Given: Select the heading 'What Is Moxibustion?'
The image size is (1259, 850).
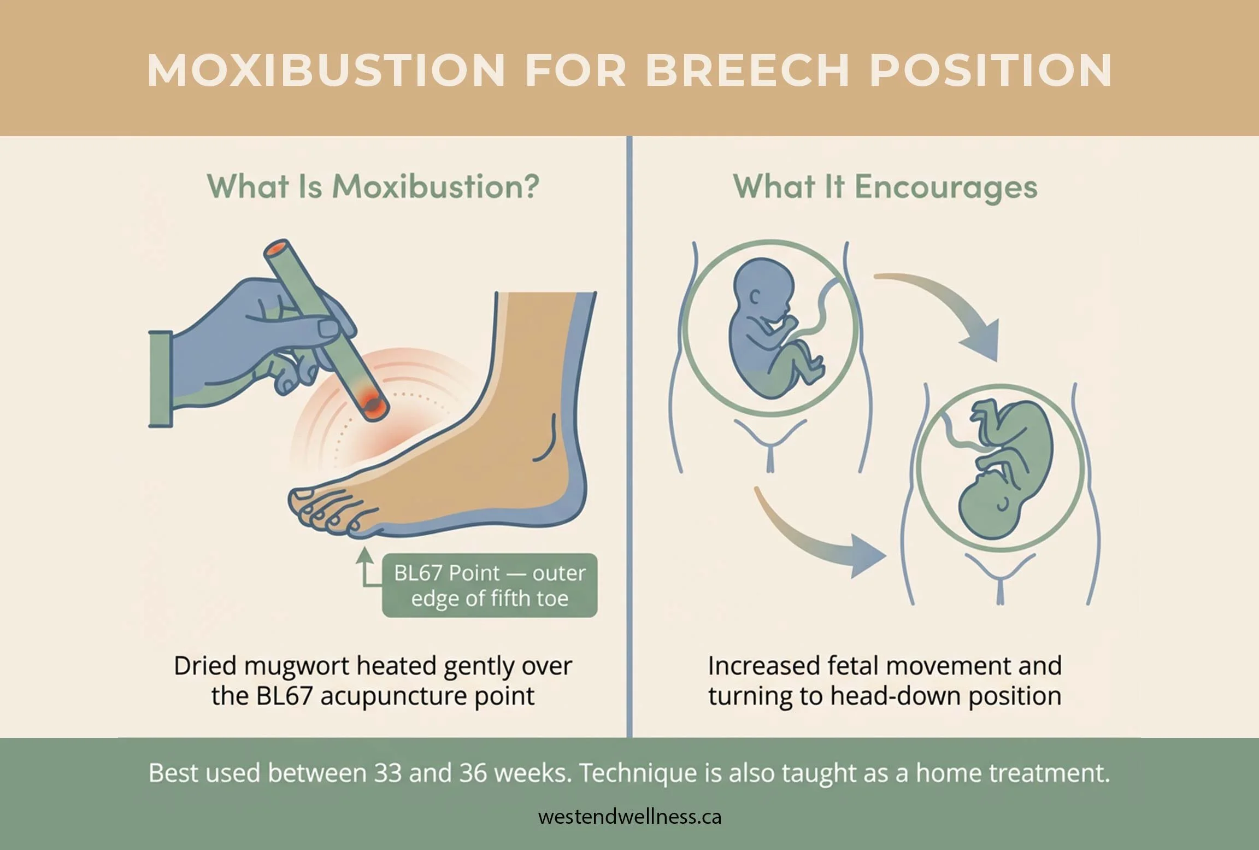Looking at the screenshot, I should (x=373, y=187).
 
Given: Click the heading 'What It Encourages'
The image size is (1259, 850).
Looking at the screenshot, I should (x=885, y=187).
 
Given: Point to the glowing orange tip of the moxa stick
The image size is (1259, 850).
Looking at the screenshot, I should (x=373, y=405).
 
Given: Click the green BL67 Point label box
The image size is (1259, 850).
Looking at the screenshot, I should (x=490, y=585).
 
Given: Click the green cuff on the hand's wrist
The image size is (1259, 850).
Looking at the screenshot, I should (x=160, y=378).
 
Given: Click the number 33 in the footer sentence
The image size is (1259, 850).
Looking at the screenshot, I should (x=388, y=773).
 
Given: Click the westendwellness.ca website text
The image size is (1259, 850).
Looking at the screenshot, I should (x=629, y=817).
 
